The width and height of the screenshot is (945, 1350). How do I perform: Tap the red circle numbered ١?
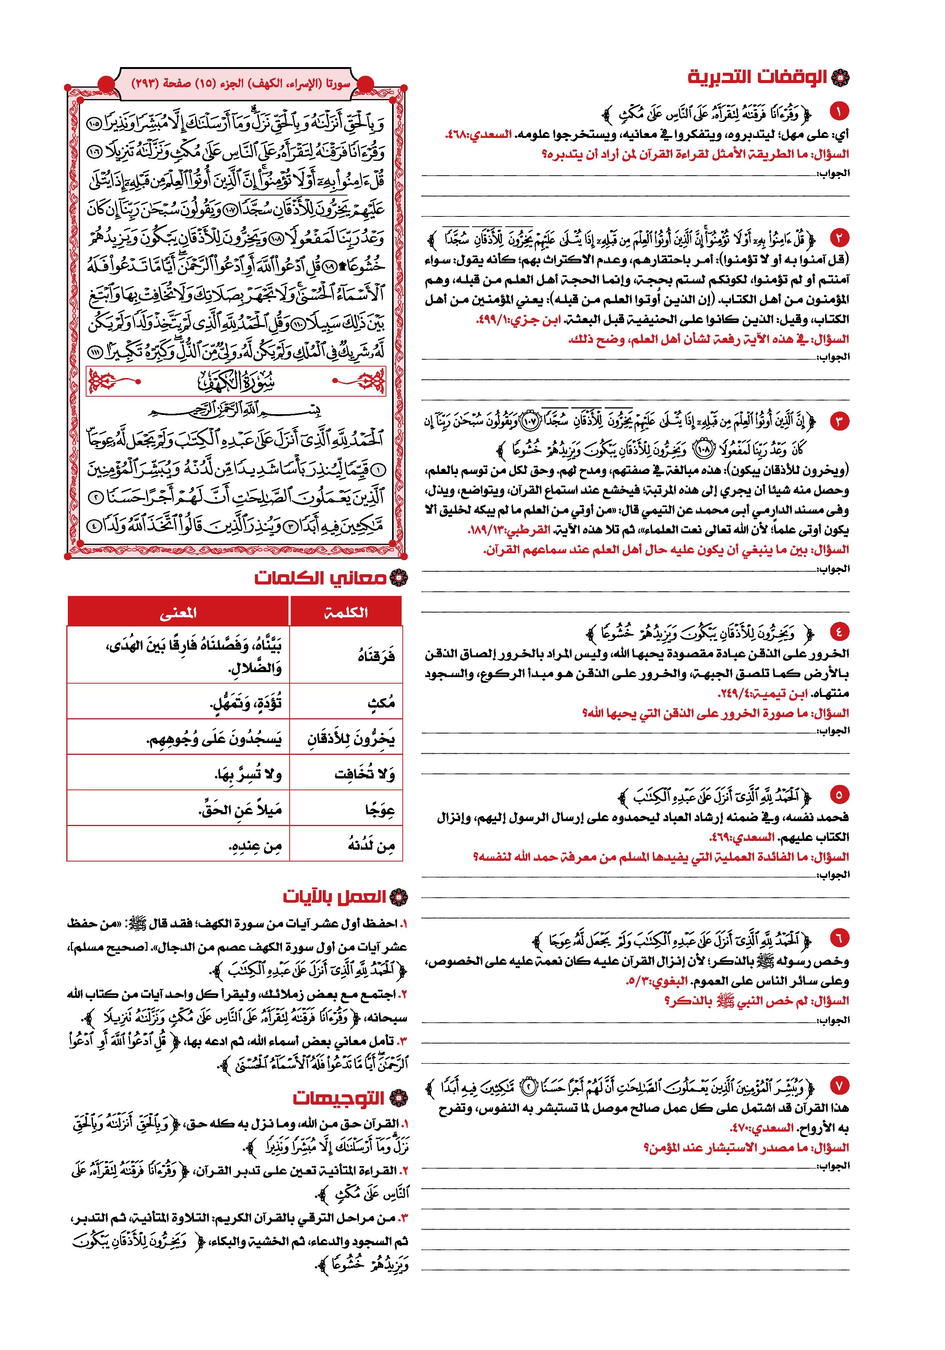pos(839,110)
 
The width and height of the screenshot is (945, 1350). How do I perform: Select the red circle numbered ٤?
pos(839,632)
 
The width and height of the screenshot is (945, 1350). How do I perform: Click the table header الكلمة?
pos(346,612)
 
